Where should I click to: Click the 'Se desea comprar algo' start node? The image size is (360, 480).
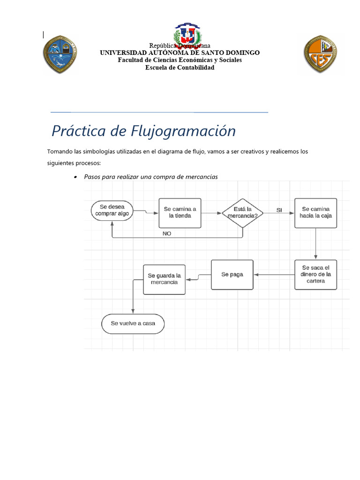pos(112,210)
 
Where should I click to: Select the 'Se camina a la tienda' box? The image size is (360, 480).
pos(180,212)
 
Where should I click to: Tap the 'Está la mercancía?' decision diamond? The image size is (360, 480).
pos(243,213)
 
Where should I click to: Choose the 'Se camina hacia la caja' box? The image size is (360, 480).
pos(315,212)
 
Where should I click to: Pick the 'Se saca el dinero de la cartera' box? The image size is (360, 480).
pos(315,274)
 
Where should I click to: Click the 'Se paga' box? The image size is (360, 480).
pos(232,274)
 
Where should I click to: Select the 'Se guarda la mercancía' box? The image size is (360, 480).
pos(164,279)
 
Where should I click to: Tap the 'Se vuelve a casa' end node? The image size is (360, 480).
pos(133,323)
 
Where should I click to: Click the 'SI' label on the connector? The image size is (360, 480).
pos(279,210)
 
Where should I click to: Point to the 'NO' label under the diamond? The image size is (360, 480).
pos(167,233)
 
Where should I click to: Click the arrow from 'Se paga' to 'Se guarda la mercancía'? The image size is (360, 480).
pos(198,277)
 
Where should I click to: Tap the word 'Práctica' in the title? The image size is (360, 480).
pos(78,131)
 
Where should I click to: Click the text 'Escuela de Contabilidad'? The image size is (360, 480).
pos(180,67)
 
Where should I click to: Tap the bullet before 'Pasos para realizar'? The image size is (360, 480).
pos(75,177)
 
